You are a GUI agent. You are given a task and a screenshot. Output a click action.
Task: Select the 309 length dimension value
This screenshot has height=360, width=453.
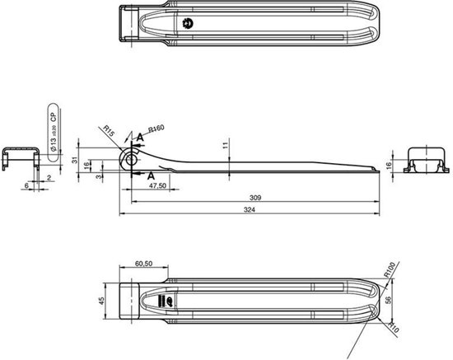255,199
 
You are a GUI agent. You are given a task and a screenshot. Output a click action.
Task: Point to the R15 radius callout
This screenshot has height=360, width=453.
110,130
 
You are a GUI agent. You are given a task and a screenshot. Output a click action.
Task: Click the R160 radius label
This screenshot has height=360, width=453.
157,130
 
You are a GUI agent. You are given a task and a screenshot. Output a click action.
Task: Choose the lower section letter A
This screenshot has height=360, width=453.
150,176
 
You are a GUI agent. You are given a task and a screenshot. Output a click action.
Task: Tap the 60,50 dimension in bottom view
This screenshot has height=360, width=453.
142,264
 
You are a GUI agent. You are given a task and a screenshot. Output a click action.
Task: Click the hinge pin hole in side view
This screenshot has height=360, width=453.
128,159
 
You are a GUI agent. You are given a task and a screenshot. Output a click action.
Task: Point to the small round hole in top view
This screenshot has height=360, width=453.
188,23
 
